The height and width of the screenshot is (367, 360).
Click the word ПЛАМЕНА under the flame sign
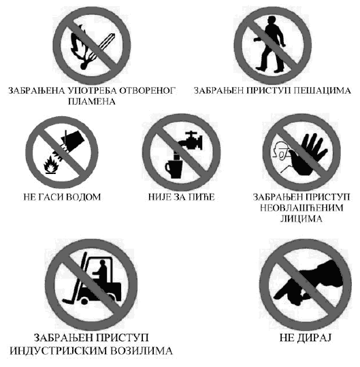click(92, 101)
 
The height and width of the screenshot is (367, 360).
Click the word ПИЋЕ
click(201, 197)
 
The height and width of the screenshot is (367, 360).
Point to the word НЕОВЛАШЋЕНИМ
click(301, 208)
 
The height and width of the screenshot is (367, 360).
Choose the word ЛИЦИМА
click(301, 219)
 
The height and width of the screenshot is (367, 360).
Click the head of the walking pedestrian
click(272, 20)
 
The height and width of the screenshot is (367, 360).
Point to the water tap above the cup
click(191, 141)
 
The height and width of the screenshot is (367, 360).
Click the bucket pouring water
click(73, 138)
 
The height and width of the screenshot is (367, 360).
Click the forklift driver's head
click(102, 263)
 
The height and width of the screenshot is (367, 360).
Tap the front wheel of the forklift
click(84, 302)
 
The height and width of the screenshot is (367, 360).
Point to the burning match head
click(84, 65)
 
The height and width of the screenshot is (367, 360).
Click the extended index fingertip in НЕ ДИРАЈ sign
click(276, 296)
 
